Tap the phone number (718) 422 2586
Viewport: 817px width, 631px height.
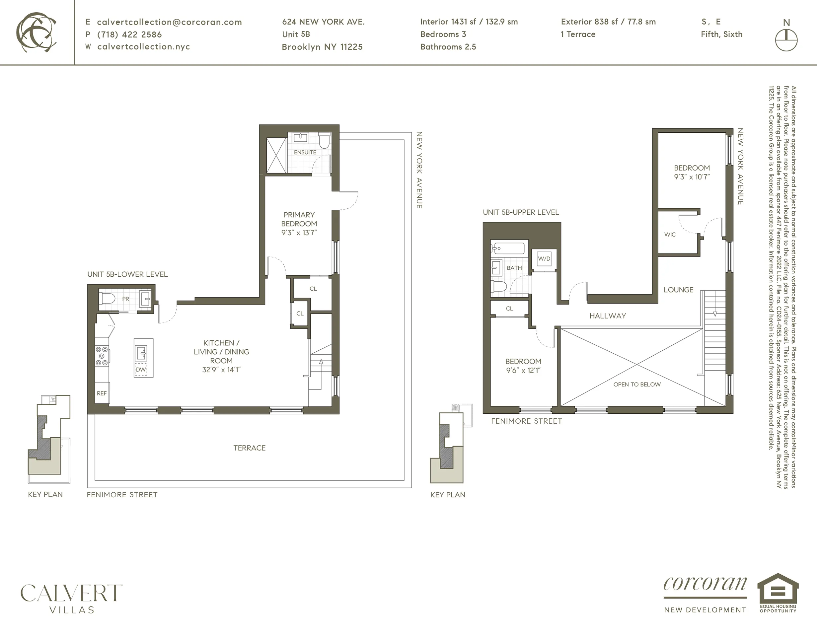coord(129,35)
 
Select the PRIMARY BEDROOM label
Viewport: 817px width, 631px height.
coord(299,219)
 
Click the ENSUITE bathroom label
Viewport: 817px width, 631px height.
coord(305,152)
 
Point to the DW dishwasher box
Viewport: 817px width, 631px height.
coord(141,370)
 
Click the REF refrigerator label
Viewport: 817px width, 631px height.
coord(102,393)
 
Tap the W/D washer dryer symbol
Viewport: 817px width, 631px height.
coord(544,258)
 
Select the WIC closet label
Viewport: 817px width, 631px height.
coord(670,235)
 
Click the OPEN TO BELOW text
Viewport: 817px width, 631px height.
coord(637,384)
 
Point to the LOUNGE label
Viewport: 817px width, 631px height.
coord(678,290)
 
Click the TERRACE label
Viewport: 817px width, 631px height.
coord(250,448)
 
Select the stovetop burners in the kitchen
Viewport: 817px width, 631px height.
coord(102,356)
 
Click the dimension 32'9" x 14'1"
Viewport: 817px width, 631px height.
coord(221,370)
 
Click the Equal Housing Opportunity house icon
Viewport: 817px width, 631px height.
coord(778,591)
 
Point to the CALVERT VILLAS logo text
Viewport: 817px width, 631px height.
coord(71,598)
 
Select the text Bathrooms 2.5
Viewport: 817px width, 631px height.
coord(448,47)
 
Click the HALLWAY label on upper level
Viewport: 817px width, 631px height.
coord(608,316)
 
